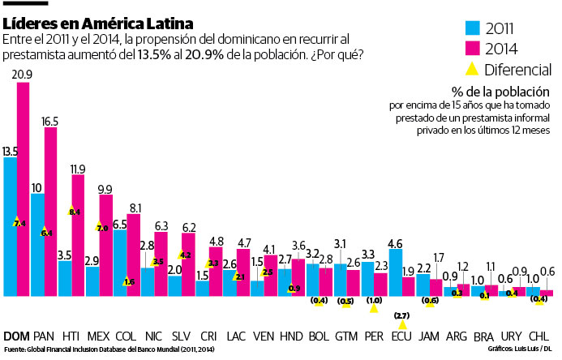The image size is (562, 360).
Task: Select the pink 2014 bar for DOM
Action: pyautogui.click(x=23, y=186)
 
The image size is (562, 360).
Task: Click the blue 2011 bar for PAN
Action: pyautogui.click(x=37, y=243)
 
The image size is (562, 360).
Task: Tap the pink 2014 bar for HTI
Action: pyautogui.click(x=78, y=235)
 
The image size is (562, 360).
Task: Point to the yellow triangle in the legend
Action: pyautogui.click(x=470, y=70)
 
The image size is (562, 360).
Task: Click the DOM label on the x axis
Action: pyautogui.click(x=16, y=336)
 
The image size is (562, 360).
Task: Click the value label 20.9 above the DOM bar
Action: pyautogui.click(x=23, y=74)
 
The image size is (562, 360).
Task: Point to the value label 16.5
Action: pyautogui.click(x=50, y=121)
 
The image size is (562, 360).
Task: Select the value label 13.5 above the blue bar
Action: pyautogui.click(x=11, y=151)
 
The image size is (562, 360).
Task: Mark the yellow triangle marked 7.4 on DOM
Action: pyautogui.click(x=17, y=222)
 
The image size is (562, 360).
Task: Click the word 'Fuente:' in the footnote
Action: pyautogui.click(x=14, y=350)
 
